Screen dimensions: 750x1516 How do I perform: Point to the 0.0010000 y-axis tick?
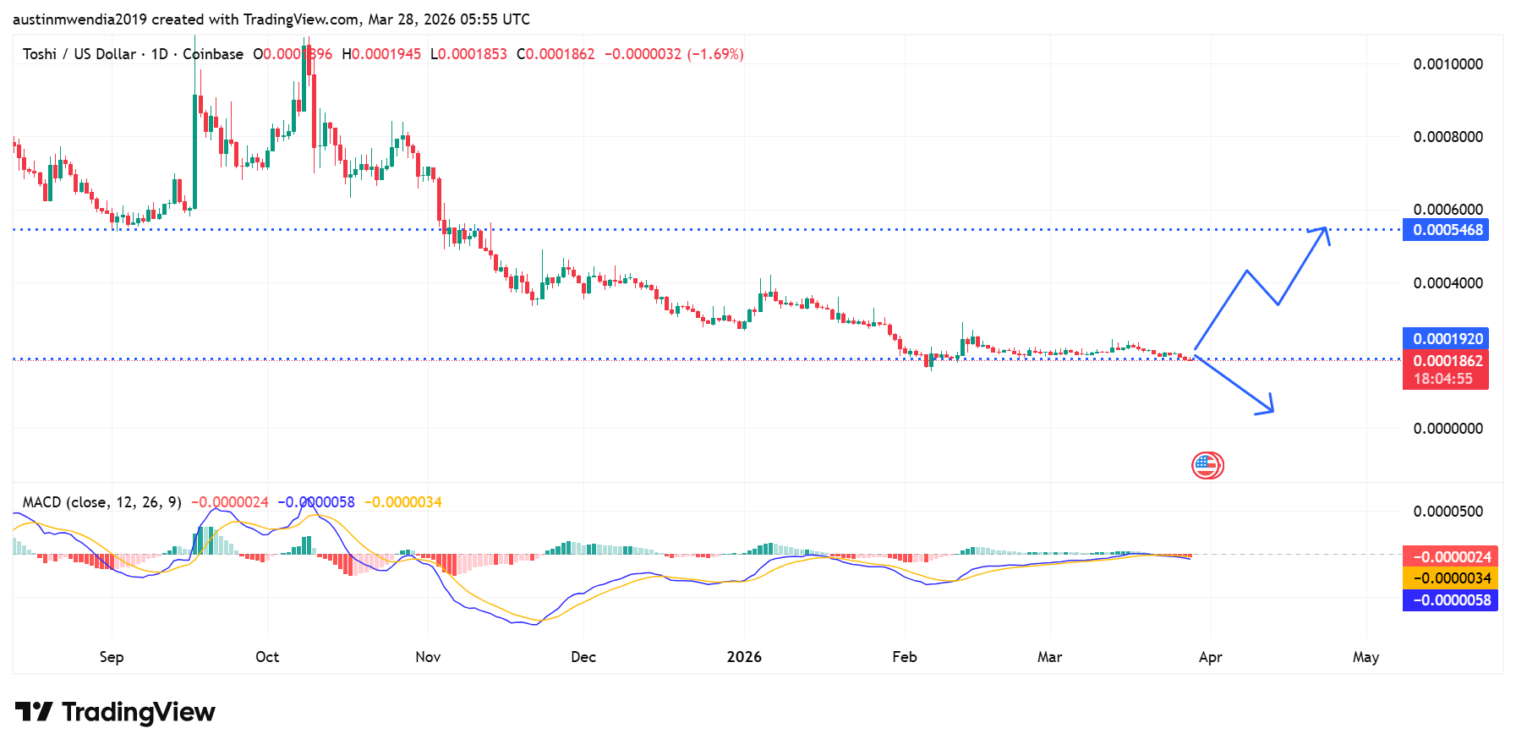pos(1448,64)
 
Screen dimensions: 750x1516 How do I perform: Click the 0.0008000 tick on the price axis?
pos(1448,137)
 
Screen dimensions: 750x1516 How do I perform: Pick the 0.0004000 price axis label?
pos(1448,283)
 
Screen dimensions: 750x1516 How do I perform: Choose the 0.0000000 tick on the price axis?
pos(1448,429)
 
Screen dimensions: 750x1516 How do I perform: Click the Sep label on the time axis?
pos(112,657)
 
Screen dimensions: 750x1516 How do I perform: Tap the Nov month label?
pos(428,657)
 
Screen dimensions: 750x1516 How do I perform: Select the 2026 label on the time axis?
pos(744,657)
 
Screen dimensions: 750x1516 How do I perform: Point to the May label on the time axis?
pos(1365,657)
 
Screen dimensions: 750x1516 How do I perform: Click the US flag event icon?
pos(1207,465)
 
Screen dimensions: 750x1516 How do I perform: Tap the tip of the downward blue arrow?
pos(1272,412)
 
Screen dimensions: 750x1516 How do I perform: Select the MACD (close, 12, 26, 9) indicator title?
pos(101,502)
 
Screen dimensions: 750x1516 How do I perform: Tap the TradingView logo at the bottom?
pos(115,712)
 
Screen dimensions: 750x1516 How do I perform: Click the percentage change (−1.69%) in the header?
pos(715,54)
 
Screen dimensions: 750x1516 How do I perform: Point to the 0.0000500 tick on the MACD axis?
pos(1448,512)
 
